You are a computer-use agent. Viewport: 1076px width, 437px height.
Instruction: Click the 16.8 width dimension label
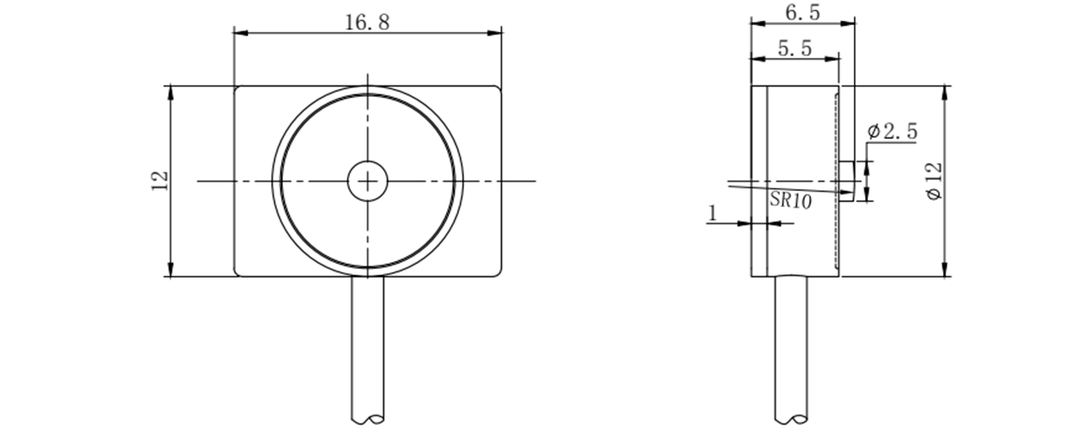point(367,22)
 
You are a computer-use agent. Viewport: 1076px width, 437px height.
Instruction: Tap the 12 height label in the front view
point(160,181)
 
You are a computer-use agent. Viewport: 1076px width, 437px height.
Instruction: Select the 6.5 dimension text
point(803,13)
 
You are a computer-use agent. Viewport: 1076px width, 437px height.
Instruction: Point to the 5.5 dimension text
point(794,48)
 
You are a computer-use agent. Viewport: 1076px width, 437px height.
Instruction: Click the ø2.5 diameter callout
point(893,132)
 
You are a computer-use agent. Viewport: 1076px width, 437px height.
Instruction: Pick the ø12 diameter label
point(934,181)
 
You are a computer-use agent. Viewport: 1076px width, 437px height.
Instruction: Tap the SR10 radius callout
point(790,200)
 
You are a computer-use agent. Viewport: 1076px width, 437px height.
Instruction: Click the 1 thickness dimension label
point(713,213)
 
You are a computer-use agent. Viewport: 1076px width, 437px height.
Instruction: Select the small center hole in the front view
point(367,181)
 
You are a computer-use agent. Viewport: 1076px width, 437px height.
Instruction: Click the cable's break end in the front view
point(367,419)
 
